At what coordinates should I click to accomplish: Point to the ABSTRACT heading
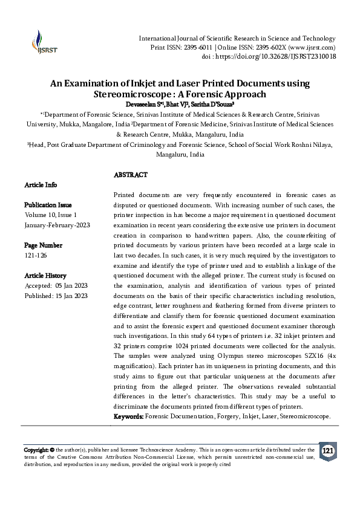coord(130,175)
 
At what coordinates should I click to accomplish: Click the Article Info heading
coord(40,184)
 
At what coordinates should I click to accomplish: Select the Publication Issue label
coord(48,205)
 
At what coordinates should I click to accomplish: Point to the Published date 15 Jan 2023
coord(70,296)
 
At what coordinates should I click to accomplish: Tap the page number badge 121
coord(327,452)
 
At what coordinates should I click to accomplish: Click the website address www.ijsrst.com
coord(309,47)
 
